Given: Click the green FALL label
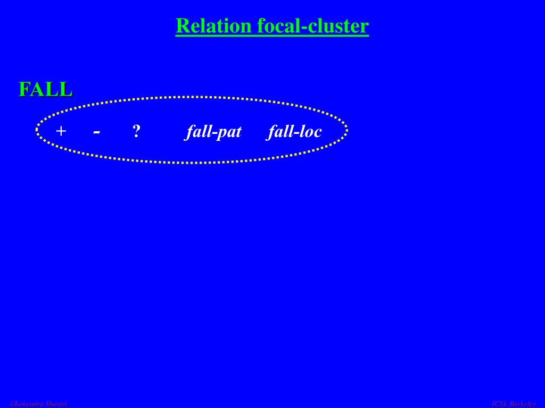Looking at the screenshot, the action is tap(46, 89).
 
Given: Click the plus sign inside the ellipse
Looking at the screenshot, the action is tap(61, 131).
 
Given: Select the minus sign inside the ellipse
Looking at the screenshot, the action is tap(96, 131).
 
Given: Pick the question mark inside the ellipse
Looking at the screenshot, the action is tap(136, 131).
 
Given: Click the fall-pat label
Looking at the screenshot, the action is tap(213, 131).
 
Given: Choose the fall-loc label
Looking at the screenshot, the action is tap(295, 131).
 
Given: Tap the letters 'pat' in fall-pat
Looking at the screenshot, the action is tap(229, 132).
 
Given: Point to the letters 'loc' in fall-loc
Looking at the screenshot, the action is tap(310, 131).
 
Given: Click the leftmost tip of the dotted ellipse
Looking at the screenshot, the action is tap(37, 130).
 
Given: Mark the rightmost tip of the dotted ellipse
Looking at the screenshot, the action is tap(346, 130).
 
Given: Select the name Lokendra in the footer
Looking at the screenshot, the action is tap(30, 404).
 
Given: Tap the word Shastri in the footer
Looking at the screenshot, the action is tap(57, 404).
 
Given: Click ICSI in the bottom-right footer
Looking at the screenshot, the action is tap(499, 404).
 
